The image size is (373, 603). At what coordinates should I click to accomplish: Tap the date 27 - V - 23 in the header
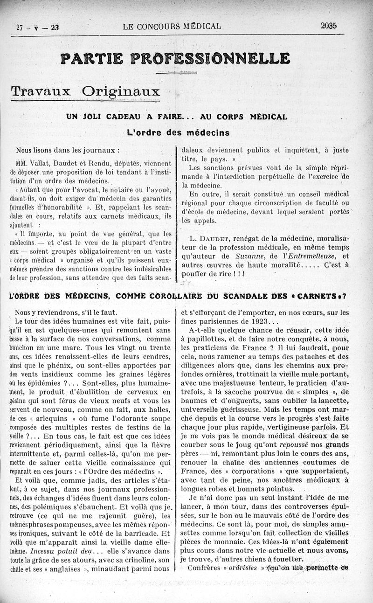coord(38,27)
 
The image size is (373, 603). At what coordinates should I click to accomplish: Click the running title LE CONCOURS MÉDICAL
coord(172,27)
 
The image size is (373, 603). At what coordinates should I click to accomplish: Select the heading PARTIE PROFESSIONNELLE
coord(175,59)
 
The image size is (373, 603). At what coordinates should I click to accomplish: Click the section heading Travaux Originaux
coord(85,90)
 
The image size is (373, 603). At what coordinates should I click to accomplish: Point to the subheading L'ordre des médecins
coord(178,132)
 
